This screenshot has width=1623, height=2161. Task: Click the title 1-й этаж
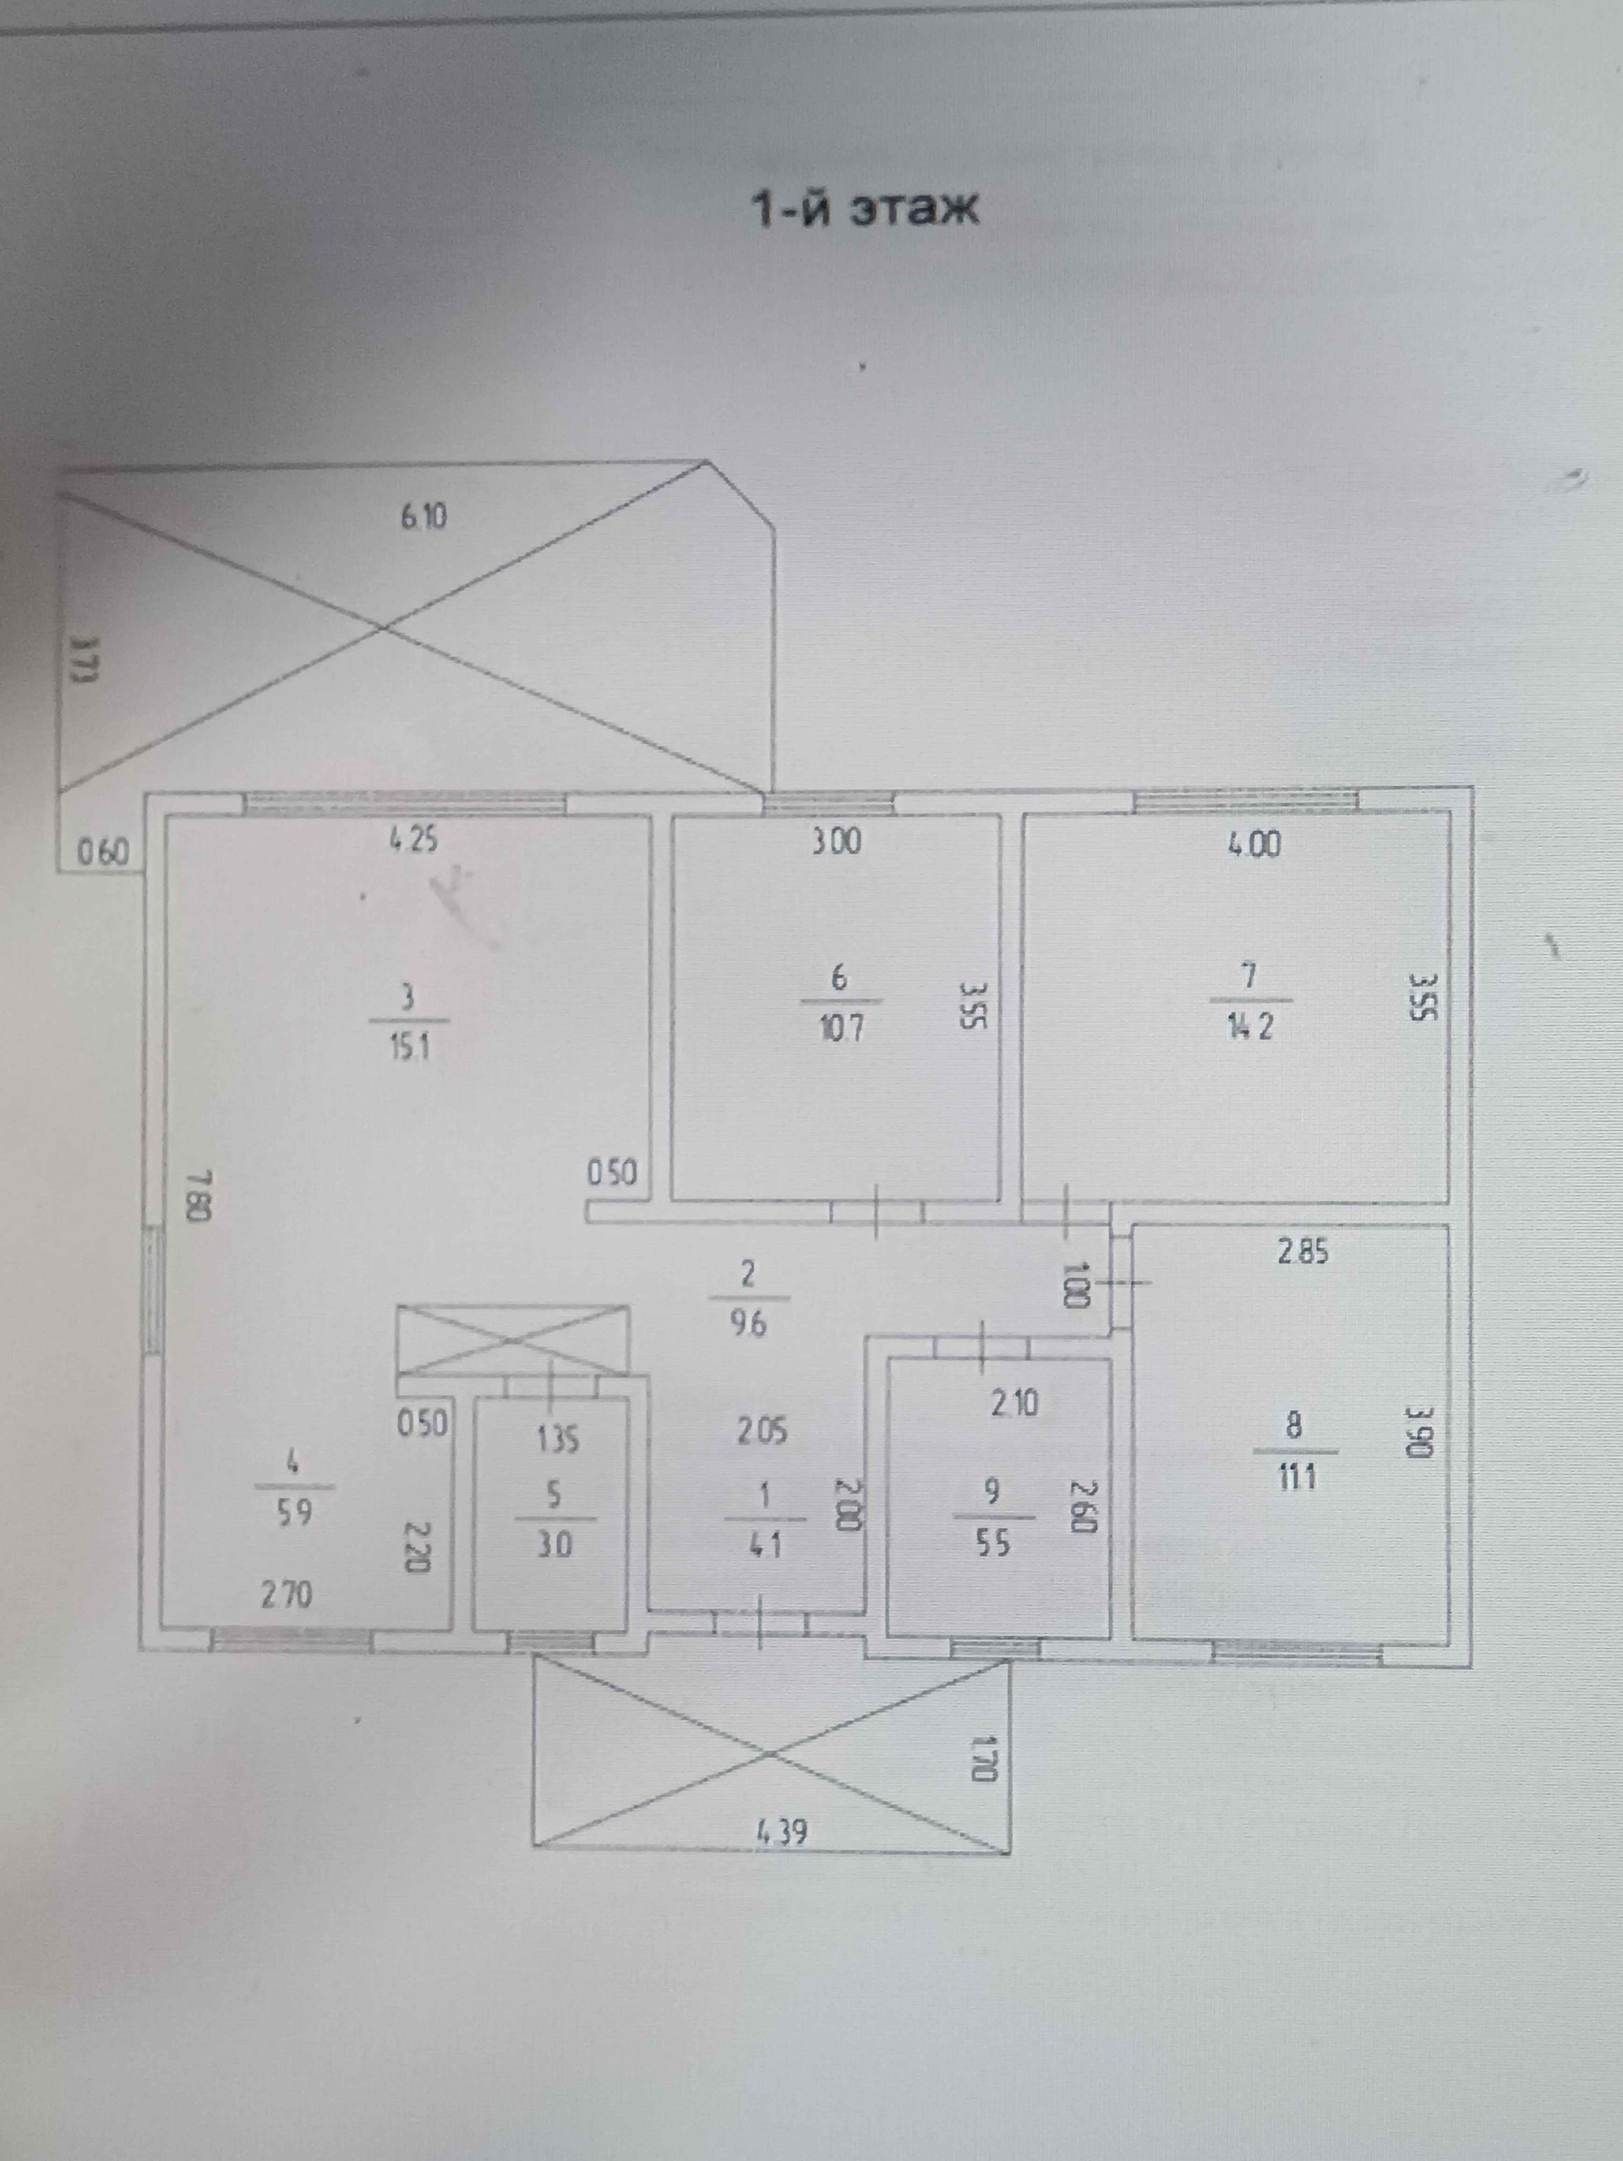(864, 209)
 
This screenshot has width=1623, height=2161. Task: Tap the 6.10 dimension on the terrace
(424, 515)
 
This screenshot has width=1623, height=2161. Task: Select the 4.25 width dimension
(414, 839)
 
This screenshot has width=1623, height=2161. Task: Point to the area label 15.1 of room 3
(408, 1048)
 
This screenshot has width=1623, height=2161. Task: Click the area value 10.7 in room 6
(840, 1029)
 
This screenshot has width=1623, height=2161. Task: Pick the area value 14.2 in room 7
(1252, 1028)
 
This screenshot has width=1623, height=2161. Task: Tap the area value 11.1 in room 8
(1296, 1477)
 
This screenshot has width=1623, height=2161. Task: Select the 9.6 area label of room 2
(747, 1326)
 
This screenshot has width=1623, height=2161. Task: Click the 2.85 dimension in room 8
(1303, 1252)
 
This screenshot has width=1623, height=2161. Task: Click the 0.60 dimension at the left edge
(102, 853)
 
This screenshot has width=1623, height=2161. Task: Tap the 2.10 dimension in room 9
(1014, 1404)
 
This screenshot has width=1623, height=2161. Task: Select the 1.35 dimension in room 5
(556, 1439)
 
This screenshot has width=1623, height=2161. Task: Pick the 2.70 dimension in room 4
(287, 1596)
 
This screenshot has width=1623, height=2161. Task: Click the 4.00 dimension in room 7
(1254, 843)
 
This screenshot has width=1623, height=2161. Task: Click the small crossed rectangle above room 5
(513, 1340)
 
